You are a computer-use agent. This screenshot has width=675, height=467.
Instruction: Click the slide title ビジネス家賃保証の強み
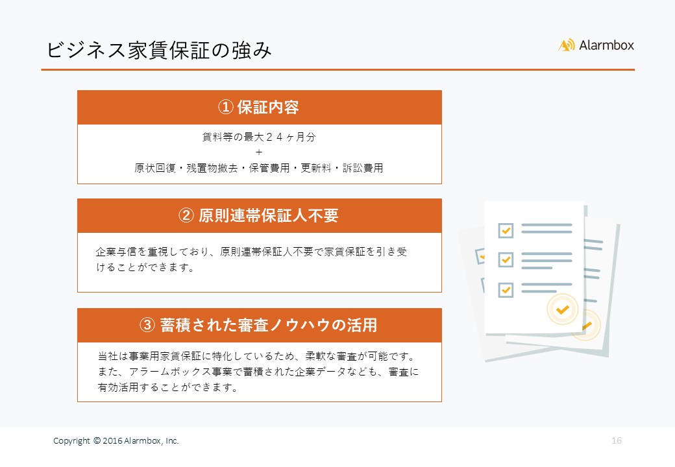tap(159, 51)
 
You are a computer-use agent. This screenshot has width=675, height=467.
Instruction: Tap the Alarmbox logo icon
tap(567, 45)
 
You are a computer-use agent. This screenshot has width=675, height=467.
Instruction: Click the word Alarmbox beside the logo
tap(606, 45)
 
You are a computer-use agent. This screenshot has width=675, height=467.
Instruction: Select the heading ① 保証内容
tap(258, 107)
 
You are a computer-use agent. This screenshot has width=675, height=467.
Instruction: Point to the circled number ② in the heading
tap(186, 215)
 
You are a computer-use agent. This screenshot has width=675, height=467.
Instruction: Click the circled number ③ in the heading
tap(147, 325)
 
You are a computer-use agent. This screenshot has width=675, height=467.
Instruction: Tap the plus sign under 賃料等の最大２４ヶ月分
tap(259, 152)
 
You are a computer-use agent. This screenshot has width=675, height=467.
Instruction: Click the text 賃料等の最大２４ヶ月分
tap(259, 137)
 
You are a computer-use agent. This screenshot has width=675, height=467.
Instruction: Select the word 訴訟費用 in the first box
tap(363, 168)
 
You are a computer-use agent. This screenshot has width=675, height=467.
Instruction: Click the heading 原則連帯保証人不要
tap(269, 215)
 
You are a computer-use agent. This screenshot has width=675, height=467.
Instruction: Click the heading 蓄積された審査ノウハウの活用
tap(269, 325)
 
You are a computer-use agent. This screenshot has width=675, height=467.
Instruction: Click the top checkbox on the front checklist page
tap(506, 230)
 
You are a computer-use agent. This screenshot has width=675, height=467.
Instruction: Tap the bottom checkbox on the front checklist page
tap(506, 290)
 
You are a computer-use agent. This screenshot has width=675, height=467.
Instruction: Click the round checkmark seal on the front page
tap(562, 309)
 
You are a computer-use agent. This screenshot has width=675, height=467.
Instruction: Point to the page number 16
tap(617, 440)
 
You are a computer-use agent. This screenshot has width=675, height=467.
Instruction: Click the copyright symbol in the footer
tap(97, 440)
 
